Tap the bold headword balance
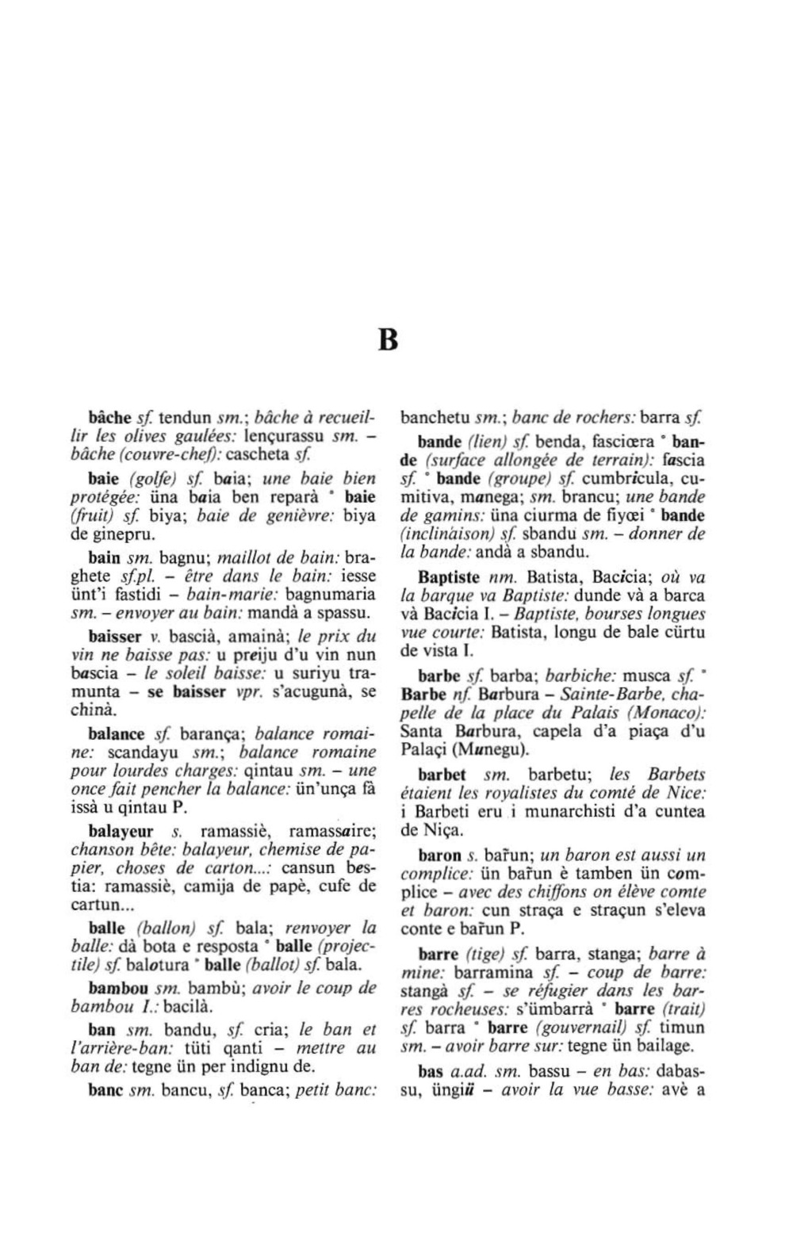pos(117,733)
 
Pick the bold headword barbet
pos(439,774)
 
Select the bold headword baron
pos(439,855)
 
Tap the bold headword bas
pos(431,1072)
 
